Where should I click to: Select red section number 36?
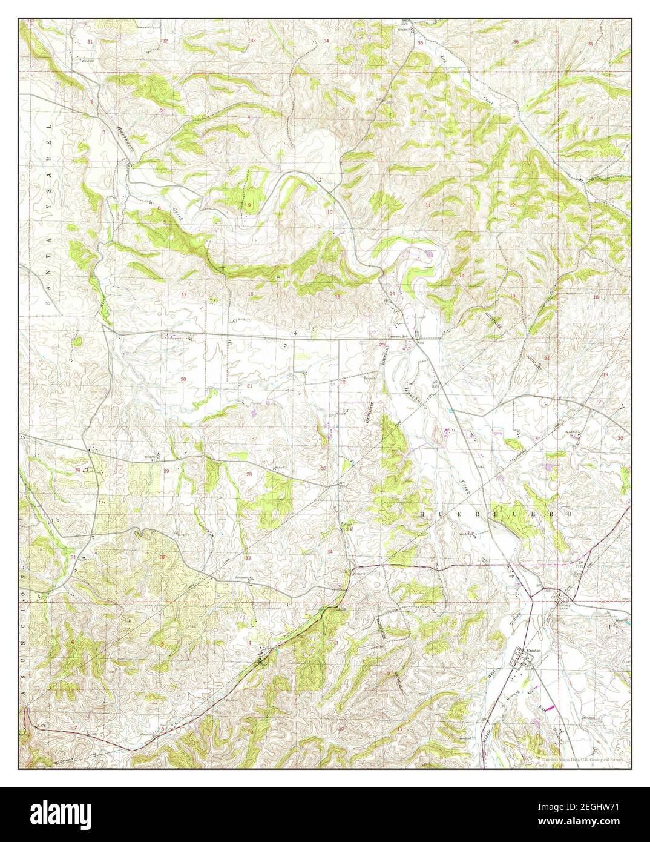point(516,41)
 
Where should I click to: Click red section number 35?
point(420,42)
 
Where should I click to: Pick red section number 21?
point(249,385)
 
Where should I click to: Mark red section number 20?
point(183,379)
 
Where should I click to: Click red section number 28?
point(249,474)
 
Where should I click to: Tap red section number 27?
point(324,468)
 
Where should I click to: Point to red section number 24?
point(546,358)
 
